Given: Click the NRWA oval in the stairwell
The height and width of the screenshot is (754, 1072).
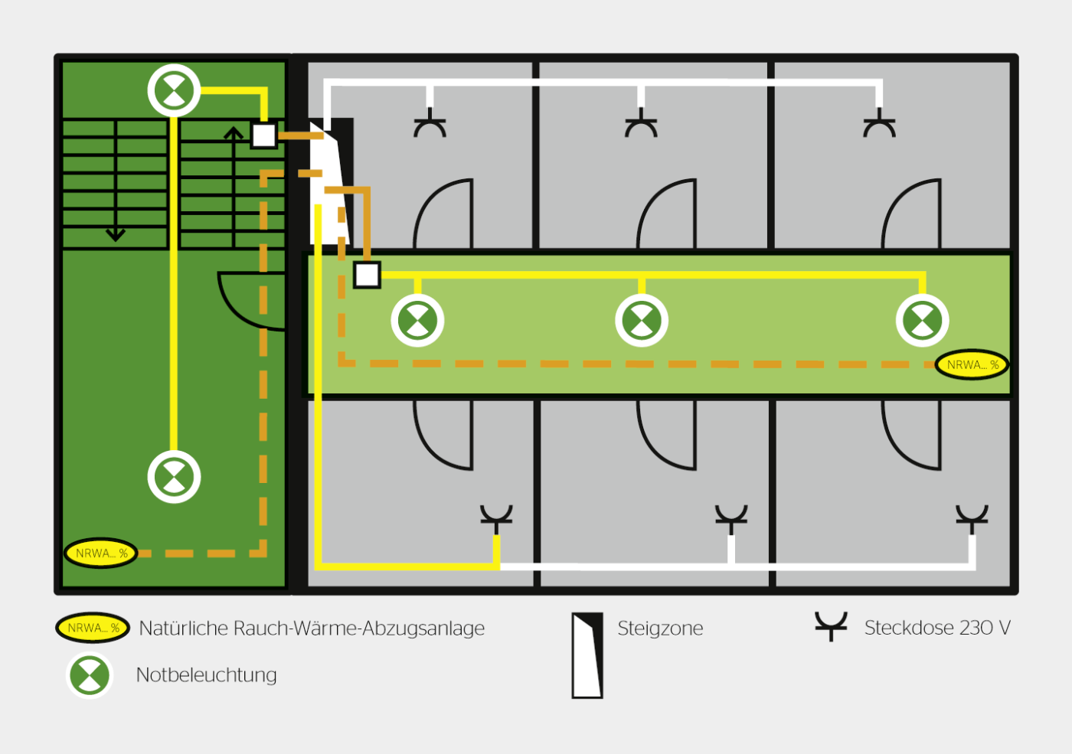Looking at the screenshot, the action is pos(101,553).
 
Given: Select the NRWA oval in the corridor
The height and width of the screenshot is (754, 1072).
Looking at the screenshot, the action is pos(972,364).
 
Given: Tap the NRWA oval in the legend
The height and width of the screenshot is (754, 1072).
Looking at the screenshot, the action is pos(93,627).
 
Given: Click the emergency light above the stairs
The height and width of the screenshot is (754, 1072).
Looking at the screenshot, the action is pos(174,90).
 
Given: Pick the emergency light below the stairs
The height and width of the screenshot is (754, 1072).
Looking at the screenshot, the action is pos(174,477).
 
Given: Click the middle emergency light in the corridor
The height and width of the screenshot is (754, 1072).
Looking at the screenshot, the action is pos(642,320).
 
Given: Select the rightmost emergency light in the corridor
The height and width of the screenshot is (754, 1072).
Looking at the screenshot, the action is pos(922,320).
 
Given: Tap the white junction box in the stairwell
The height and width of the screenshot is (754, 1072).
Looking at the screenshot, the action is pos(263,135).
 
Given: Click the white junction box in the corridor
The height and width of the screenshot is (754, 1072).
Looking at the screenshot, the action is pos(367,275).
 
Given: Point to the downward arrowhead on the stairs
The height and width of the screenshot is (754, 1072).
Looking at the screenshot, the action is pos(116,235).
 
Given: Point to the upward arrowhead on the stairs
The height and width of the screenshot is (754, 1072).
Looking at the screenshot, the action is pos(234,132).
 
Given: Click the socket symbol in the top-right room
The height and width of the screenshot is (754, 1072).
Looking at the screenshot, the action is pos(879,122).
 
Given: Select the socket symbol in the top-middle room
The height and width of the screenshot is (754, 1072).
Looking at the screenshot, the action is pos(641,122).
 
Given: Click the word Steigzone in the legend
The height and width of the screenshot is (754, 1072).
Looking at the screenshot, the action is pos(660,628).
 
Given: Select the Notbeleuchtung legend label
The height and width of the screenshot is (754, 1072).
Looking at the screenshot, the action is pos(206,675).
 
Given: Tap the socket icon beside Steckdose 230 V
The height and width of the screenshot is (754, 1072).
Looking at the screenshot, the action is pos(831,626).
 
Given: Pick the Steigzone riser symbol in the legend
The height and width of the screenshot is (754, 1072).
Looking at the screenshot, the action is pos(587,655).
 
